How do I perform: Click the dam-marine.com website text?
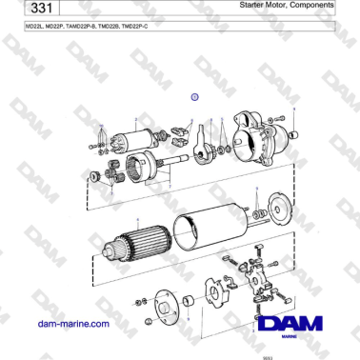pos(70,324)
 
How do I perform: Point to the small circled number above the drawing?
pos(193,96)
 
